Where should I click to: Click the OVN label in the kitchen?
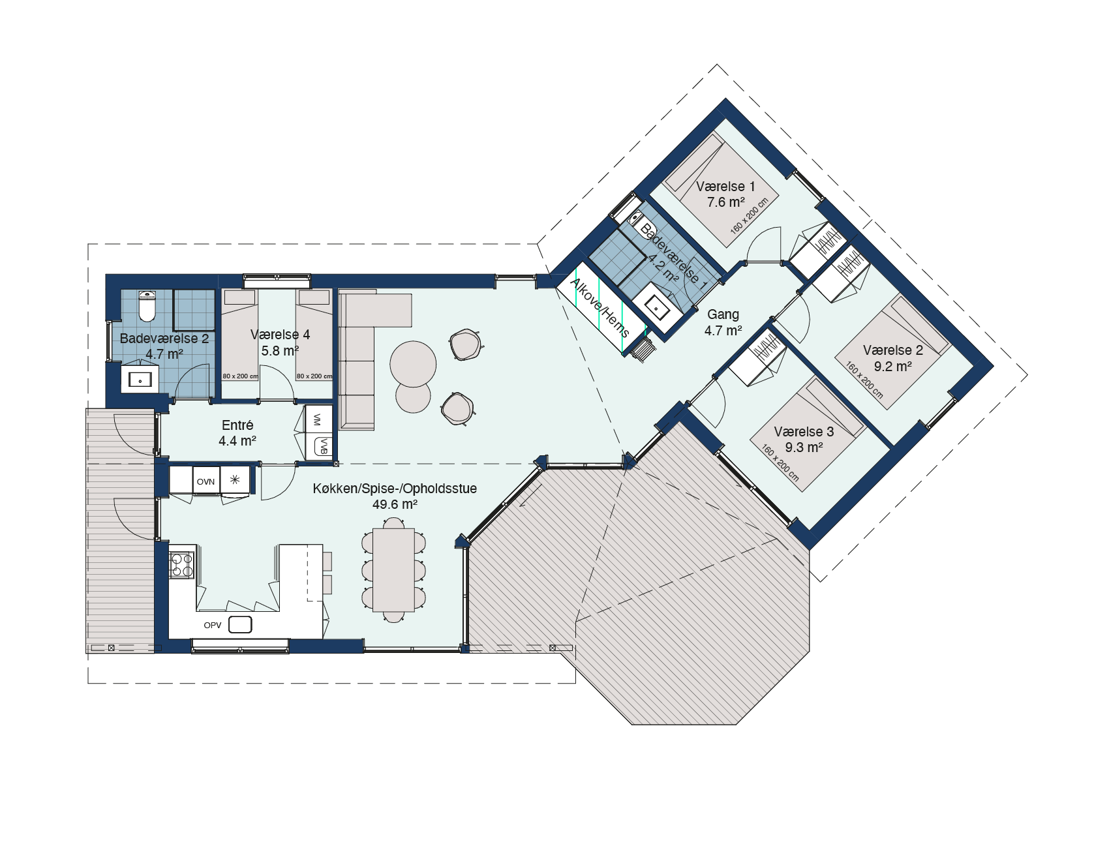(205, 481)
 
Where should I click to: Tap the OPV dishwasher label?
(213, 625)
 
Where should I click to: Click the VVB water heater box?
(324, 446)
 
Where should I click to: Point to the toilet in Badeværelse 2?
(147, 306)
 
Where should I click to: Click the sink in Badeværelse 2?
(140, 378)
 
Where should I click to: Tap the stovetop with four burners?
(182, 565)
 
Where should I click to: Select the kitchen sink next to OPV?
(240, 624)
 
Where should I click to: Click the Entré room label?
(237, 425)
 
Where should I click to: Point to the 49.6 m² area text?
(395, 504)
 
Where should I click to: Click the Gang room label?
(723, 314)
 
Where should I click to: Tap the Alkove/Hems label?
(600, 307)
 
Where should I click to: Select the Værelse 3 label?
(804, 432)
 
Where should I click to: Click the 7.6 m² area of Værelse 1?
(726, 202)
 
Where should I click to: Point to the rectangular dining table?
(393, 569)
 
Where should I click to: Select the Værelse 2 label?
(892, 350)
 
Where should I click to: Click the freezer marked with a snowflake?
(235, 479)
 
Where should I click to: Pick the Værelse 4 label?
(280, 335)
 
